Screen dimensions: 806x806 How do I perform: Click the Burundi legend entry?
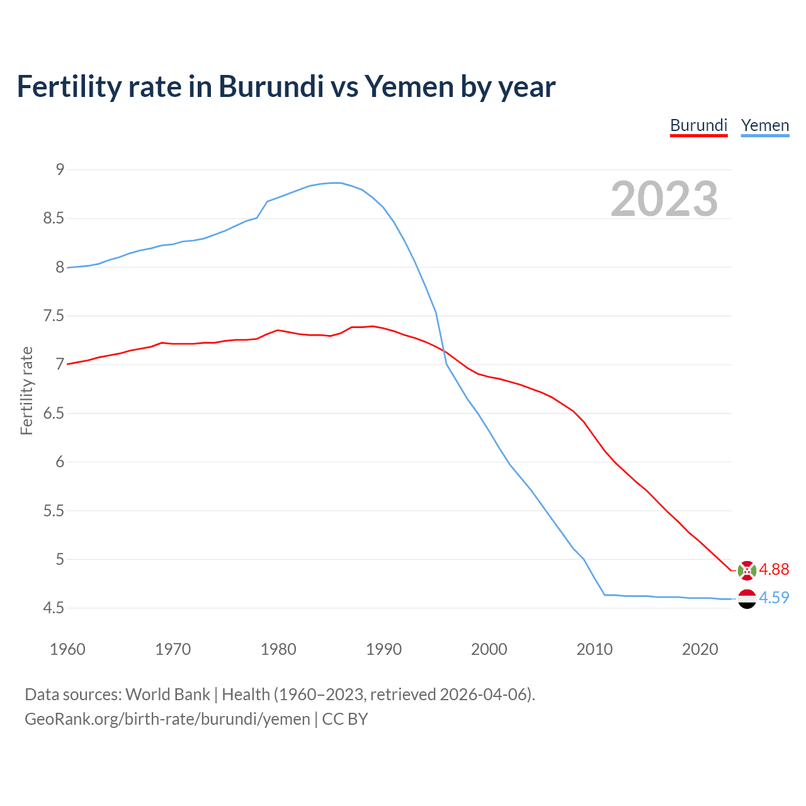pos(698,125)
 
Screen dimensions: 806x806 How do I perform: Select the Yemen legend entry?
pos(764,125)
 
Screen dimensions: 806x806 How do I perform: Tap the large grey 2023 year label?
pos(664,199)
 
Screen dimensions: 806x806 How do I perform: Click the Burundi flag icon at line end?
pos(747,570)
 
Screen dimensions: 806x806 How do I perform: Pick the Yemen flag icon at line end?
pos(747,598)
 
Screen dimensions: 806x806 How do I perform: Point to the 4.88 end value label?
pos(774,569)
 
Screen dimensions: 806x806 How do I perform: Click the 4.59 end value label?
pos(774,598)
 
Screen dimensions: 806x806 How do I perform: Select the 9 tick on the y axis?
pos(60,169)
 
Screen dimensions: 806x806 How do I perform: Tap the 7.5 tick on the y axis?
pos(54,315)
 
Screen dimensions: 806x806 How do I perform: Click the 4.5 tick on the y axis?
pos(54,608)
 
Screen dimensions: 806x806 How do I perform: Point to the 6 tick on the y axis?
pos(60,462)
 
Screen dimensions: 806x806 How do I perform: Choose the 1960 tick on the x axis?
pos(67,649)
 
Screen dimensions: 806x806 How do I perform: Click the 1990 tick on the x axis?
pos(383,649)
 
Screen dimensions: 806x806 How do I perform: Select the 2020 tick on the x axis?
pos(700,649)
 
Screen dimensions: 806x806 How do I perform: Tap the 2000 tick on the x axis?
pos(489,649)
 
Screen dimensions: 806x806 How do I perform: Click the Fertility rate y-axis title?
pos(26,390)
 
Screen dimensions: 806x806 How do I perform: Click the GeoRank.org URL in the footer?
pos(167,719)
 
